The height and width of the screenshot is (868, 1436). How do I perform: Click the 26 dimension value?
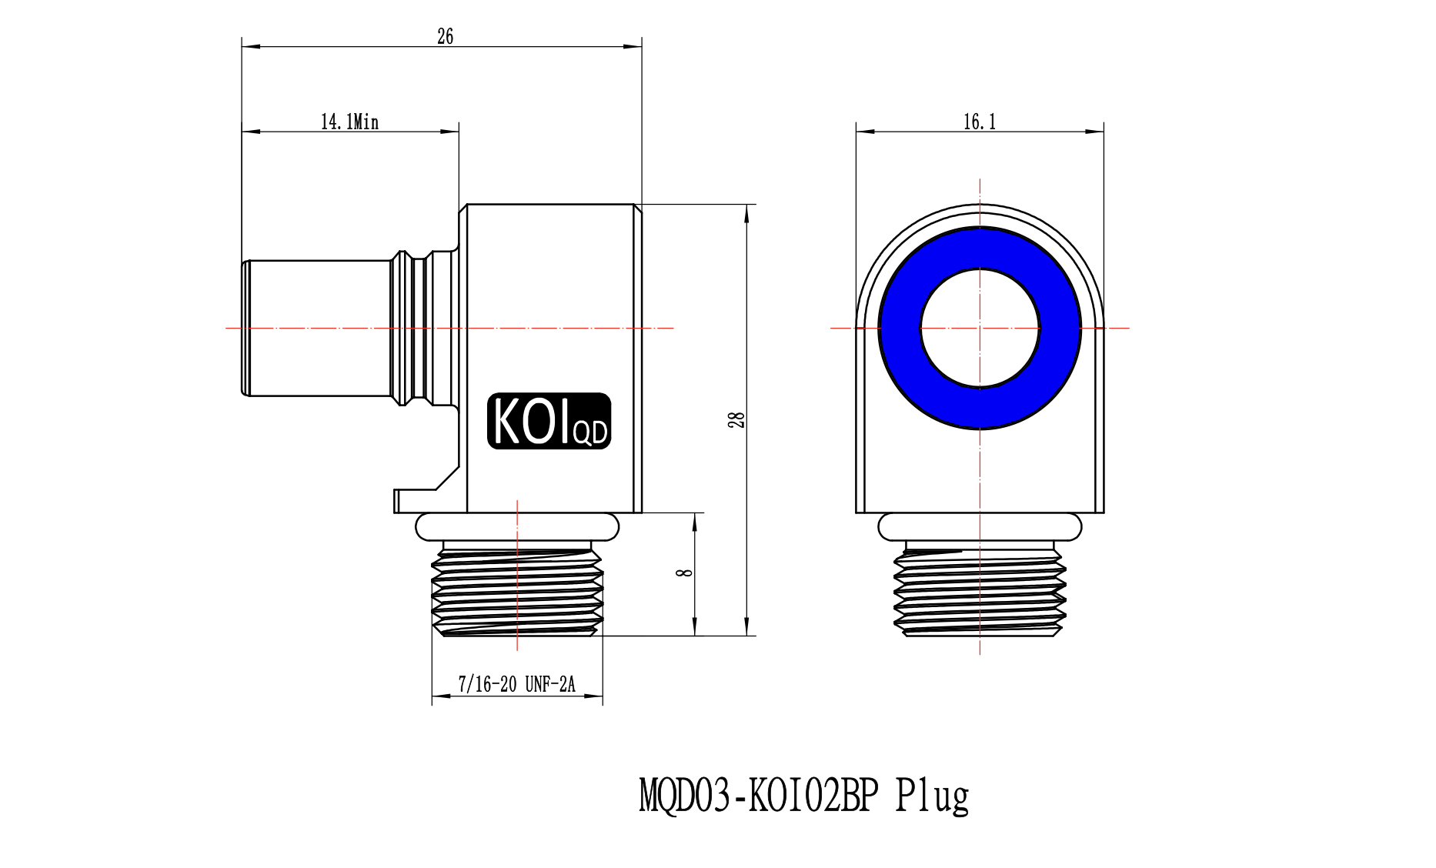[445, 36]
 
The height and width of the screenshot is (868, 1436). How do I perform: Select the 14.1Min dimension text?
[349, 122]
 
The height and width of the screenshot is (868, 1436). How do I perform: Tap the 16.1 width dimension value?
[980, 122]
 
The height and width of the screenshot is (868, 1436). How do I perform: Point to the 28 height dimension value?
[736, 420]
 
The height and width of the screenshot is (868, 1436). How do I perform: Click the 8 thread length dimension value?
[684, 573]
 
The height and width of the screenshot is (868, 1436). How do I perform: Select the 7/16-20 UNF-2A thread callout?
[516, 684]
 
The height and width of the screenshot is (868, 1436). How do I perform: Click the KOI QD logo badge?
[549, 421]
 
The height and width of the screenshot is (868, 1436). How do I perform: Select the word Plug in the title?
[932, 796]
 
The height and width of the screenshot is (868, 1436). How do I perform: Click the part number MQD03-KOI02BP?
[758, 796]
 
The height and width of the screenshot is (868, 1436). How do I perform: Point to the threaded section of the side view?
[517, 589]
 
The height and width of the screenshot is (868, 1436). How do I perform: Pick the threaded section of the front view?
[980, 589]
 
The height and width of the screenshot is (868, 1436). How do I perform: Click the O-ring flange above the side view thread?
[517, 527]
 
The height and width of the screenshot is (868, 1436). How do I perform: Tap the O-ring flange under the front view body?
[980, 527]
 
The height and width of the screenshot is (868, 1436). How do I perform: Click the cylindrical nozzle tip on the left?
[316, 329]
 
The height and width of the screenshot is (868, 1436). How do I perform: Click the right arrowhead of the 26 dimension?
[633, 47]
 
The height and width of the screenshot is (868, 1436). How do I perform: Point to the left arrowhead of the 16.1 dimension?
[865, 132]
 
